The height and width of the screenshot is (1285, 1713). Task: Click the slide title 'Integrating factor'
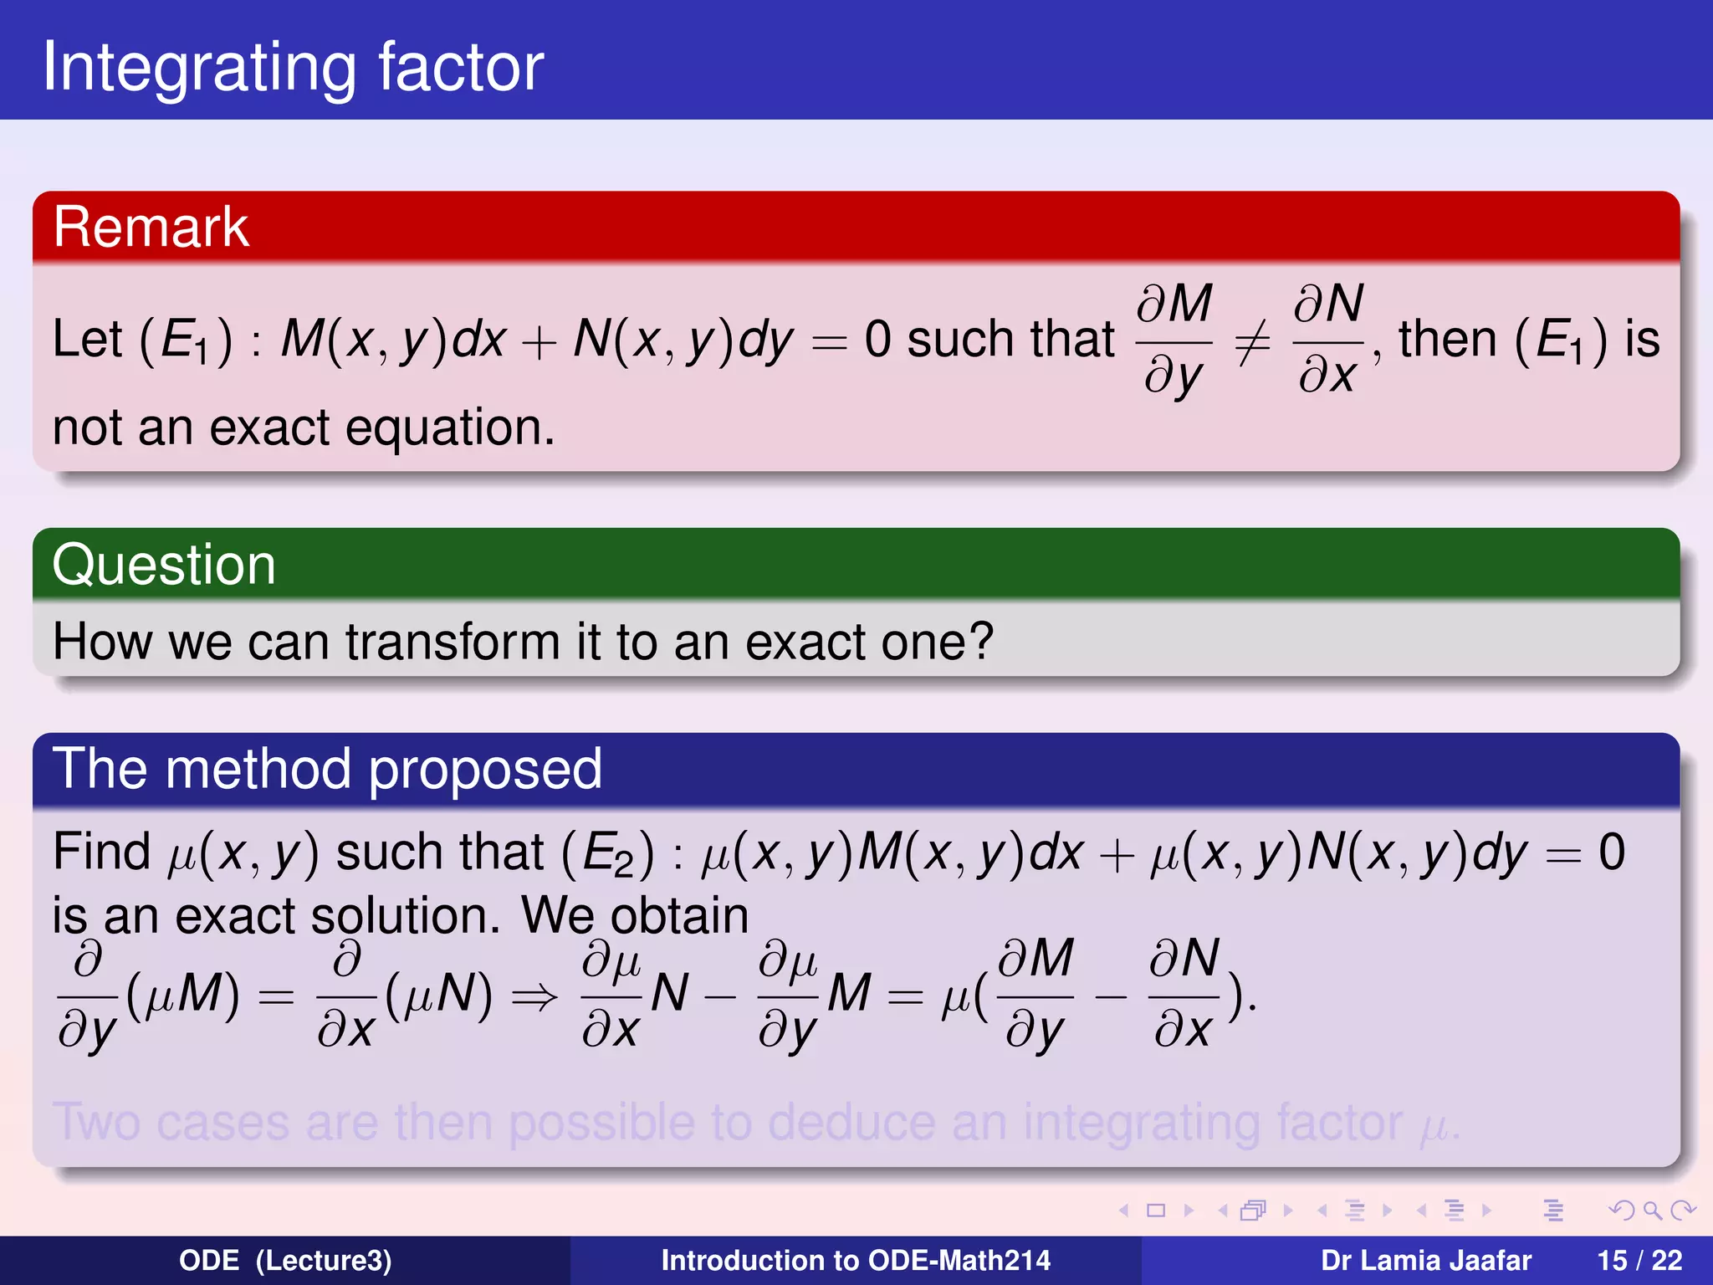[x=293, y=67]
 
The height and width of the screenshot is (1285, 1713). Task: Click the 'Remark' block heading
[x=151, y=227]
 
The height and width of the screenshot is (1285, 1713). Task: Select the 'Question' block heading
[x=164, y=565]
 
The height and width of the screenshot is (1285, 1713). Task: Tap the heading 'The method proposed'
[x=327, y=769]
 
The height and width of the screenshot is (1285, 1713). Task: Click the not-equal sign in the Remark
[x=1252, y=342]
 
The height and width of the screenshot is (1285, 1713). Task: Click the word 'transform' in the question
[x=453, y=642]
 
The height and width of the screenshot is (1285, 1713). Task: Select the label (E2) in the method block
[x=607, y=854]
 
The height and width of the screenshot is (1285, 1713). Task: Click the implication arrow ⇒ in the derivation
[x=534, y=996]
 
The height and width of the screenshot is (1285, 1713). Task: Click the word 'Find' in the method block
[x=101, y=852]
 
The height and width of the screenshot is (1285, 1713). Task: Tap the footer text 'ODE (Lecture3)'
[x=285, y=1261]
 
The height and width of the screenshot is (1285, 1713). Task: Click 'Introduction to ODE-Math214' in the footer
[x=856, y=1261]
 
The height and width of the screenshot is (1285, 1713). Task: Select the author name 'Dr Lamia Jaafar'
[x=1425, y=1261]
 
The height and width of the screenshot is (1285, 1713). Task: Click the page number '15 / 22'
[x=1639, y=1261]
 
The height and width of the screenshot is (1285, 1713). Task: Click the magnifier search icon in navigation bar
[x=1652, y=1210]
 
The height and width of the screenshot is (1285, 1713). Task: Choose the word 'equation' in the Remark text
[x=450, y=429]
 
